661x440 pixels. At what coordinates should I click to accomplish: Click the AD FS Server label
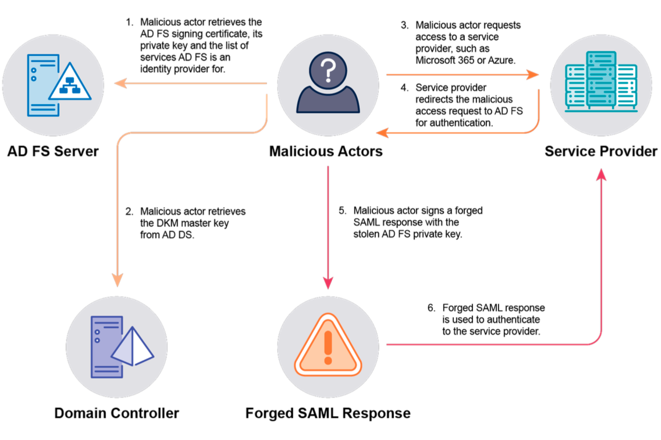tap(53, 151)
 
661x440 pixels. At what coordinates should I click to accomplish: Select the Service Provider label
tap(601, 151)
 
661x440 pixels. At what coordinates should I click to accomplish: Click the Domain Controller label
tap(116, 414)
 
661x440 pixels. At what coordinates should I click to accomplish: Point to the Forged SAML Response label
tap(328, 414)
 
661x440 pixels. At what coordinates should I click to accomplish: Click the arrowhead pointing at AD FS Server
tap(119, 84)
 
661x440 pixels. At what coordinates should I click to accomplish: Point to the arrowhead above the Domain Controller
tap(118, 281)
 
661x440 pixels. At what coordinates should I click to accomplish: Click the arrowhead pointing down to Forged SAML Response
tap(328, 283)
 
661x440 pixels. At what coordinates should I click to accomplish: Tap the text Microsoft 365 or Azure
tap(465, 60)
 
